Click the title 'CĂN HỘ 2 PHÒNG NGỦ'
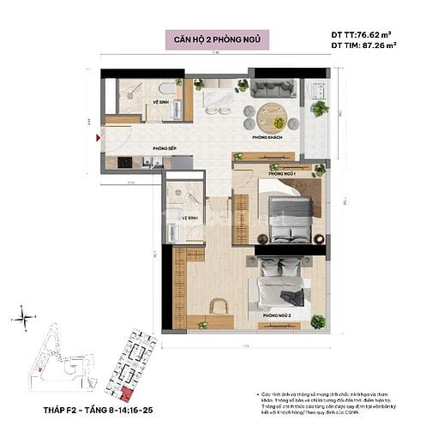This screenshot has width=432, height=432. coord(215,39)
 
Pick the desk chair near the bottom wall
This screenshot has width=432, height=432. coord(217,304)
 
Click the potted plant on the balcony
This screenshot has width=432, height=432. coord(319,108)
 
